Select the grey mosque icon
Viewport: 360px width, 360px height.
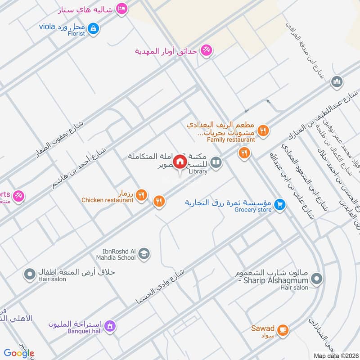click(x=337, y=82)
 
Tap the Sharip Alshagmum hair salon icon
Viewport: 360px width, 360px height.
click(x=316, y=279)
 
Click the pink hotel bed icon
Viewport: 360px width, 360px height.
click(x=121, y=9)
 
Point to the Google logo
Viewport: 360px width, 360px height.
click(x=19, y=353)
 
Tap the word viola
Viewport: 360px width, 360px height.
click(x=46, y=27)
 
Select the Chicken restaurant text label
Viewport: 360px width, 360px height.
click(x=108, y=200)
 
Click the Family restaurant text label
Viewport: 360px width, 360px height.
click(x=231, y=139)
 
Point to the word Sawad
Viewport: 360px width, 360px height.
click(x=263, y=328)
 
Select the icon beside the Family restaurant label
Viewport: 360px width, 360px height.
click(x=264, y=130)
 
